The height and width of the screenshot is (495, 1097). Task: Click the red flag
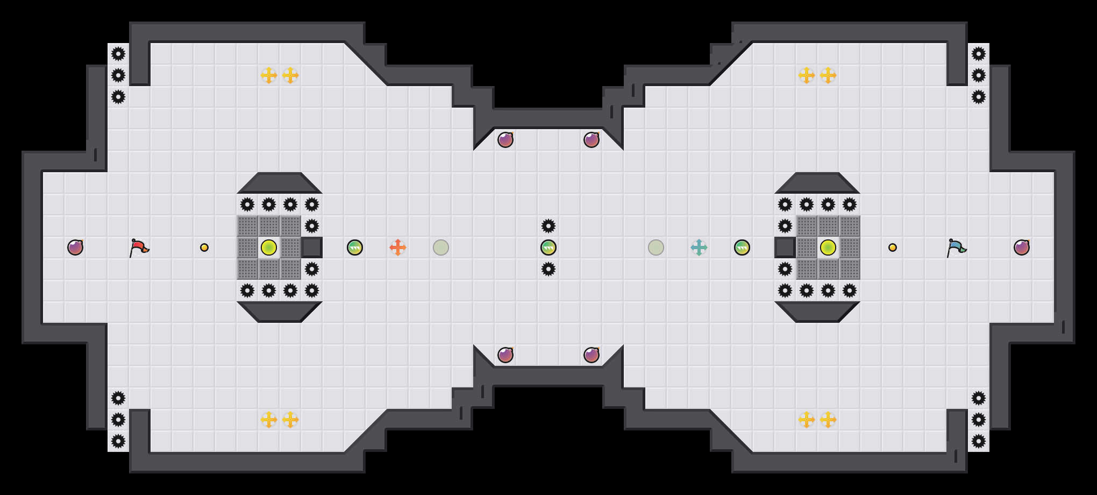pos(139,247)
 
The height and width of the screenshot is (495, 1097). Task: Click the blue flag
pos(956,247)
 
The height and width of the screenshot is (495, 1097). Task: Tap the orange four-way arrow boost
pos(398,247)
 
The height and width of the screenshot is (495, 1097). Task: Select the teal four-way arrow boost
pos(699,247)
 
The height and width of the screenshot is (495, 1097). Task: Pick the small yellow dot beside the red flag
pos(204,247)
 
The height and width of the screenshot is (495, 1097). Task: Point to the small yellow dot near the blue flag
pos(893,247)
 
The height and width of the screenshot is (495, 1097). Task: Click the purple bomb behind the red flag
pos(75,247)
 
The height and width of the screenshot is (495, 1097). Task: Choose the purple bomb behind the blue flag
pos(1022,247)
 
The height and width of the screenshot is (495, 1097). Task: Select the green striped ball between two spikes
pos(548,247)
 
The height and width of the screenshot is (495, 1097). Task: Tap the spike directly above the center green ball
pos(548,226)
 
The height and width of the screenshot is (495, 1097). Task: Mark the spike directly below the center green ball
pos(548,269)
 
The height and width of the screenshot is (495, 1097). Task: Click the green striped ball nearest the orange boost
pos(355,247)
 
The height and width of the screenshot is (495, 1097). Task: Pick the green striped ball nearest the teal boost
pos(742,247)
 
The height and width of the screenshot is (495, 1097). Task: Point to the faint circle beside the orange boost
pos(441,247)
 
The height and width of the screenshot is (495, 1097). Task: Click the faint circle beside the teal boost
pos(656,247)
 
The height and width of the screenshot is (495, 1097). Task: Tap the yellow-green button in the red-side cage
pos(269,247)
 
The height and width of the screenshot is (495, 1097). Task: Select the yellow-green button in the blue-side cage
pos(828,247)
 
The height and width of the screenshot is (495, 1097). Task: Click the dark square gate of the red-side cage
pos(312,247)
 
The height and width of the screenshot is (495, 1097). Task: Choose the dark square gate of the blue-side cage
pos(785,247)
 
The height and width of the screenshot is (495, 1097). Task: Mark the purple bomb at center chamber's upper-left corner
pos(505,140)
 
